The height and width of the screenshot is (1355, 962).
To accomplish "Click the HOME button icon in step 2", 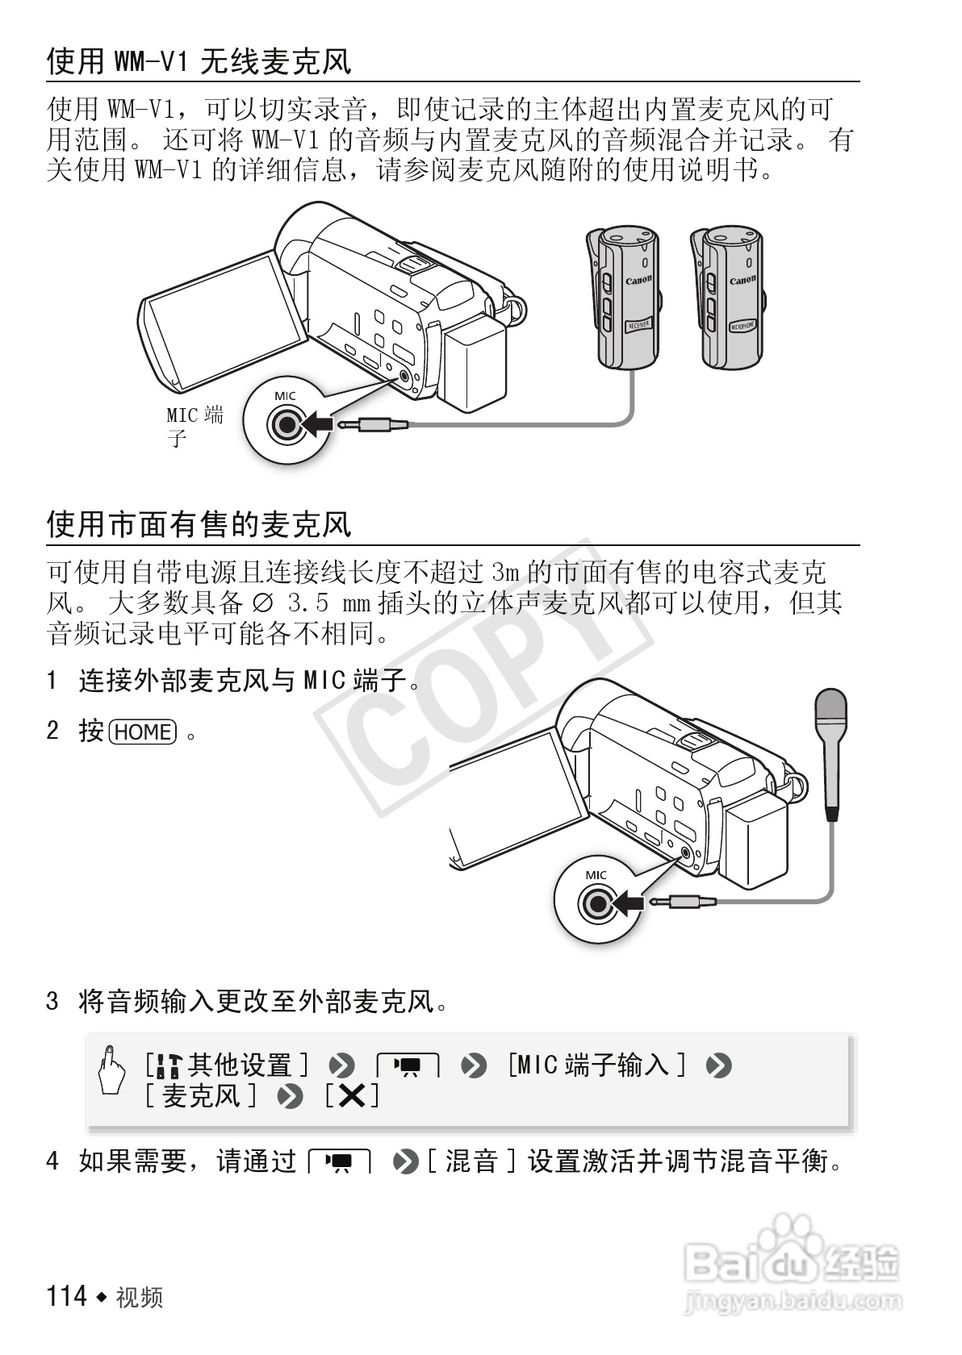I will pos(142,732).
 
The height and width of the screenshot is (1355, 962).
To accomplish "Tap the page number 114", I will pos(67,1296).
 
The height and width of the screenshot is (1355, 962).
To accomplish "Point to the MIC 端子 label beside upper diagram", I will pos(194,426).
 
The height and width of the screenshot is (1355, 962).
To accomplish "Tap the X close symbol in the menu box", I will pos(352,1096).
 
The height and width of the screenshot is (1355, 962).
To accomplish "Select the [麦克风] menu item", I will pos(202,1096).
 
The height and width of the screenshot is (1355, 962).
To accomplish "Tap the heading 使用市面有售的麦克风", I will pos(199,525).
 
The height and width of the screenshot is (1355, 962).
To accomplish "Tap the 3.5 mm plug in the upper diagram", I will pos(373,423).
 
